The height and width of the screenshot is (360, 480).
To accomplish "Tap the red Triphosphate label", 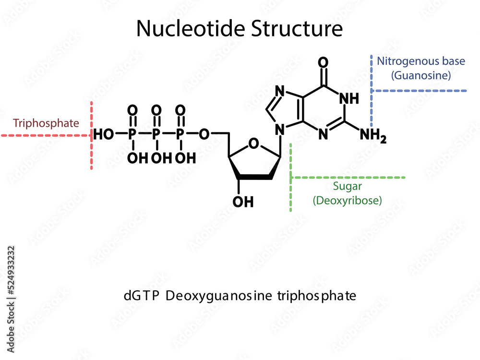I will [46, 123].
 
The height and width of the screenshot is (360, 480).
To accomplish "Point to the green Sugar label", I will [348, 187].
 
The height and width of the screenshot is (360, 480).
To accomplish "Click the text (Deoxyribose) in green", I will [348, 200].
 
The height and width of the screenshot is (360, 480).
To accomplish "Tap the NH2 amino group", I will [372, 136].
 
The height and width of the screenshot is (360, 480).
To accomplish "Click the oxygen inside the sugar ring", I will [254, 143].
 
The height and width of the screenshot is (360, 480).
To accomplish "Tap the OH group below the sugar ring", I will [243, 202].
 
